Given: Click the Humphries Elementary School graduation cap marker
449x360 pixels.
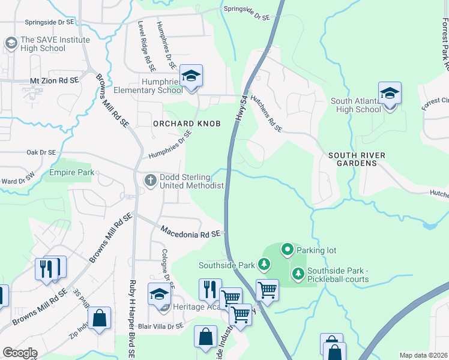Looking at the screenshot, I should (191, 76).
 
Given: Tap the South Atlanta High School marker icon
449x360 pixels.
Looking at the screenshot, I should (390, 94).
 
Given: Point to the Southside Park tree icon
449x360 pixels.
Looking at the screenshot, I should (264, 265).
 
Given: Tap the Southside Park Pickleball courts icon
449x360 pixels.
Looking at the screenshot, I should (298, 274).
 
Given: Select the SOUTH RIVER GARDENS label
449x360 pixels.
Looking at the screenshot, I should (357, 160).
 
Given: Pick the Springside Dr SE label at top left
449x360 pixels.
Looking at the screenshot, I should (49, 22).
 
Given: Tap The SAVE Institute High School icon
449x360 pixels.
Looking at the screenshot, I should (11, 43).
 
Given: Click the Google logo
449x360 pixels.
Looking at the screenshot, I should (20, 353).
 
